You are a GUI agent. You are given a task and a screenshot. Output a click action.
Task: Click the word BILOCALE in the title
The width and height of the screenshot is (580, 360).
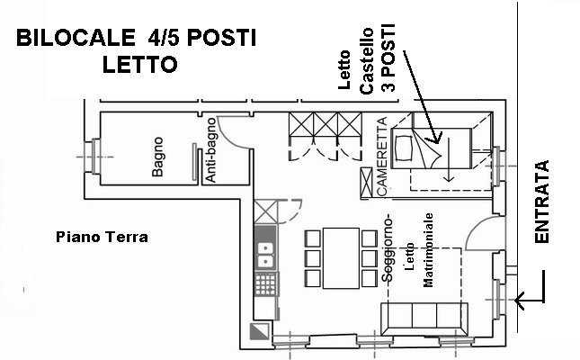[76, 38]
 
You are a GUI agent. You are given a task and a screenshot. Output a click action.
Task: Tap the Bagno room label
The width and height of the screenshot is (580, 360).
[157, 157]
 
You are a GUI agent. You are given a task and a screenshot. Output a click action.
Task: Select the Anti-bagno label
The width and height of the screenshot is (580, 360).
[210, 150]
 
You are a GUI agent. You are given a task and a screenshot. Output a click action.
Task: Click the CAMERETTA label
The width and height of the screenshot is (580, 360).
[382, 156]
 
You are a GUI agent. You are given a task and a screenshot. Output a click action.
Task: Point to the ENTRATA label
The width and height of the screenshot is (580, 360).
[542, 202]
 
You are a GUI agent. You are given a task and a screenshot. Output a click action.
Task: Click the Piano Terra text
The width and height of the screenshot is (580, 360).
[102, 237]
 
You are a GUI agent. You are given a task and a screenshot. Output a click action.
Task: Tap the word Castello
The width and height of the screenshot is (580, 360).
[367, 60]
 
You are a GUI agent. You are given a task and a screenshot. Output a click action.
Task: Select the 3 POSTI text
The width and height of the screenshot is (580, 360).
[388, 58]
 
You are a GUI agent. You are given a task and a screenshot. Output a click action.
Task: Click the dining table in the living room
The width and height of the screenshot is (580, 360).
[341, 258]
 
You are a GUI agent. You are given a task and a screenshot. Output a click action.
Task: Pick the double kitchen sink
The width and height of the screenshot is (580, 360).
[265, 255]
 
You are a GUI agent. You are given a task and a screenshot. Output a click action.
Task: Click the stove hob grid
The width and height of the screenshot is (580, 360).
[265, 284]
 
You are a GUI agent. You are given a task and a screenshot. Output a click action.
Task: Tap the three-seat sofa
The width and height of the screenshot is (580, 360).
[424, 319]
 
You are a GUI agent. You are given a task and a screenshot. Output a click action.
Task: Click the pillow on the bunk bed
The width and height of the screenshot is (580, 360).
[403, 148]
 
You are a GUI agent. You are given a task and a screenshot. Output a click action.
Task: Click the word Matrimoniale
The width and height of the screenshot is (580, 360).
[428, 250]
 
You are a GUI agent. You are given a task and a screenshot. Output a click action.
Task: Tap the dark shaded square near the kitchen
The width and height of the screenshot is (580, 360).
[260, 331]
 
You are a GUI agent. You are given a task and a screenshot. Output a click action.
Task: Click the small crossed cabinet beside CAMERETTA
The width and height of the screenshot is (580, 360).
[366, 183]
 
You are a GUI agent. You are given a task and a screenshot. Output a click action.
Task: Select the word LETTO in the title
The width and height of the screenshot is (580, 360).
[139, 65]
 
